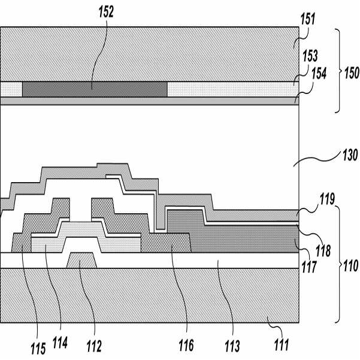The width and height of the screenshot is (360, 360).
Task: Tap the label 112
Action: coord(93,346)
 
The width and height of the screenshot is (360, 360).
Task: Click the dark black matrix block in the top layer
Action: coord(95,89)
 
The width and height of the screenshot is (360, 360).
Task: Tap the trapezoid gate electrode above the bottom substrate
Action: coord(82,261)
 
